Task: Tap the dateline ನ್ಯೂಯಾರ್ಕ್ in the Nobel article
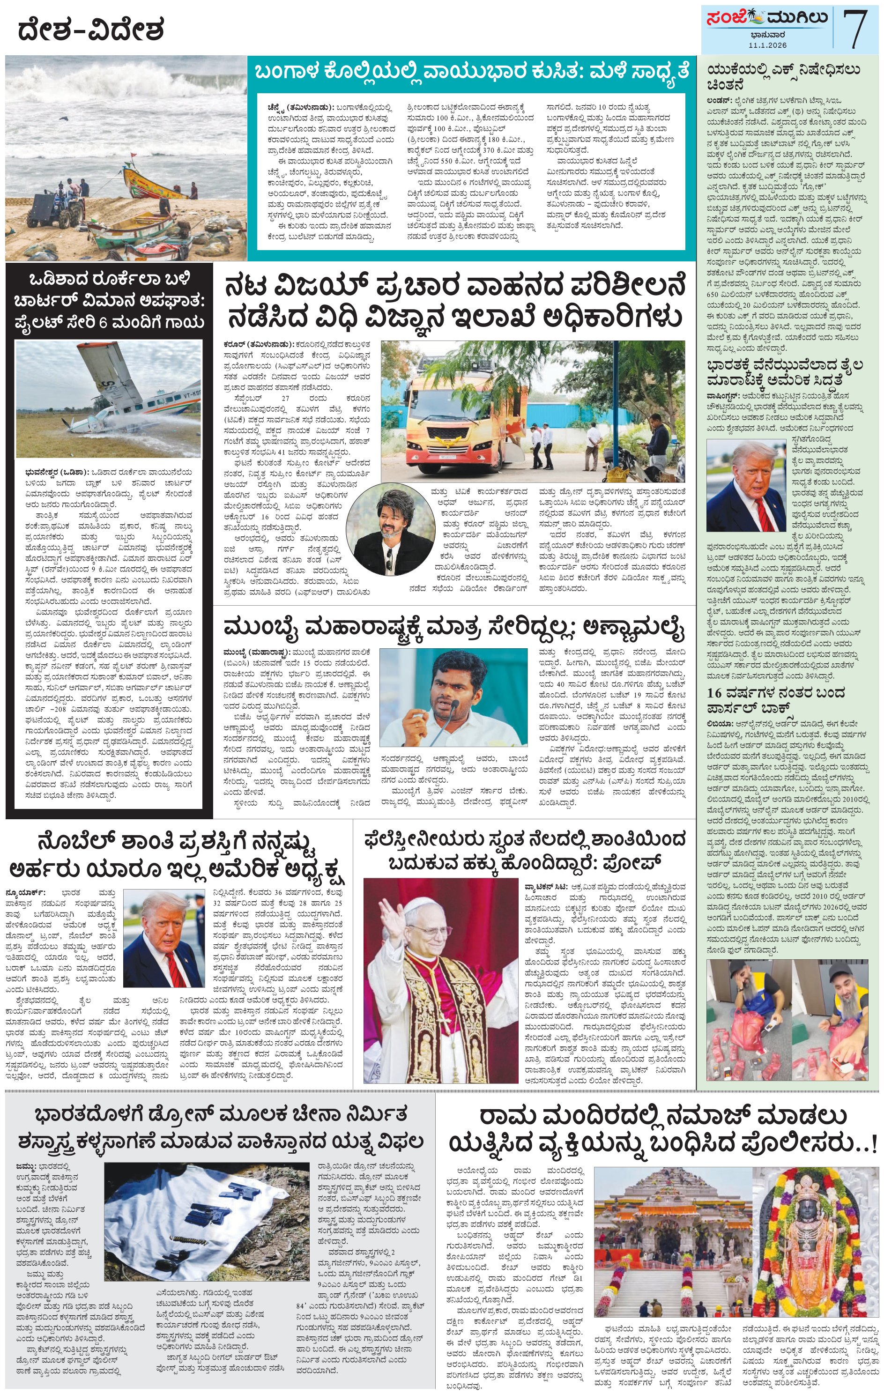25,893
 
